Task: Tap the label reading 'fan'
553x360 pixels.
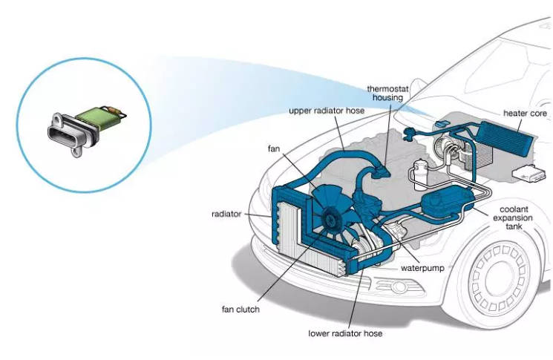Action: (274, 148)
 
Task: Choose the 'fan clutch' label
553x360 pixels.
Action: (238, 309)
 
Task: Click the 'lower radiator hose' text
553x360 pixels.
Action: (345, 333)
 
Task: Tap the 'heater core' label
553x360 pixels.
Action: (525, 113)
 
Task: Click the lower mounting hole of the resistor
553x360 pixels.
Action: (75, 154)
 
